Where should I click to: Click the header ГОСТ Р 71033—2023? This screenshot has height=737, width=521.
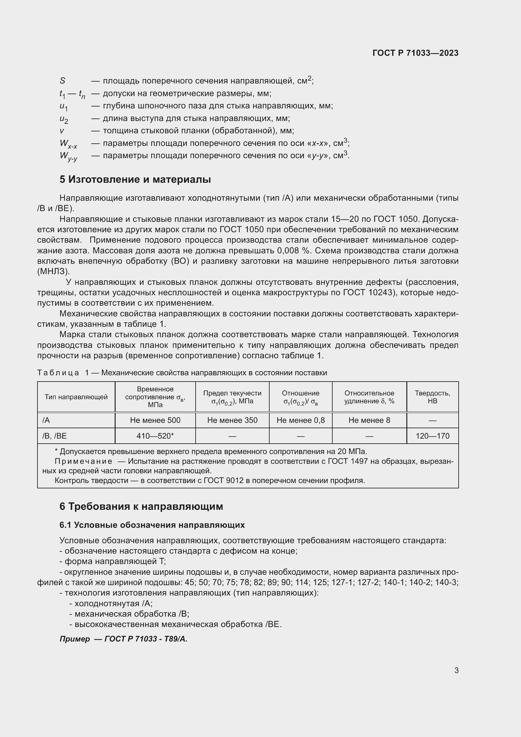tap(415, 53)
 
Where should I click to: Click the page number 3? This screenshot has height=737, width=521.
tap(456, 670)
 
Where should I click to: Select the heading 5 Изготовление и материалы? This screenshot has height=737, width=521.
tap(135, 179)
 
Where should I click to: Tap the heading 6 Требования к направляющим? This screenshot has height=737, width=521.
tap(141, 507)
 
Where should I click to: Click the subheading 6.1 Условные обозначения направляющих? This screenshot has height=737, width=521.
tap(152, 525)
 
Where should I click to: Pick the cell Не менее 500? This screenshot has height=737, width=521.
tap(155, 420)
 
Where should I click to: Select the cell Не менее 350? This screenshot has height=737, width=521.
tap(232, 420)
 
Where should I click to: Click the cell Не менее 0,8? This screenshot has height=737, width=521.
tap(301, 420)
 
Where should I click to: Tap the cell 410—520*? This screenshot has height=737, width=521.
tap(155, 436)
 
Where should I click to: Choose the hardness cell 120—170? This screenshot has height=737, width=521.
tap(432, 436)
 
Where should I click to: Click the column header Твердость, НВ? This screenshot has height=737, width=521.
tap(432, 397)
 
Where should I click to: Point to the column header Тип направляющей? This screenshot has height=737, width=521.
tap(76, 397)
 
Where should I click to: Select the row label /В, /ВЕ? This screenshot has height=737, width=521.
tap(54, 436)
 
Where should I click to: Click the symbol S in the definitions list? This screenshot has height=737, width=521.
tap(63, 81)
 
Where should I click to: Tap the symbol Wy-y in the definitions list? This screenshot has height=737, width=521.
tap(68, 156)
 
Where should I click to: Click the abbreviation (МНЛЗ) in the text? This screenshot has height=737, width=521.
tap(53, 272)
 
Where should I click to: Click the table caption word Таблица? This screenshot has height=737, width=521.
tap(58, 373)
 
